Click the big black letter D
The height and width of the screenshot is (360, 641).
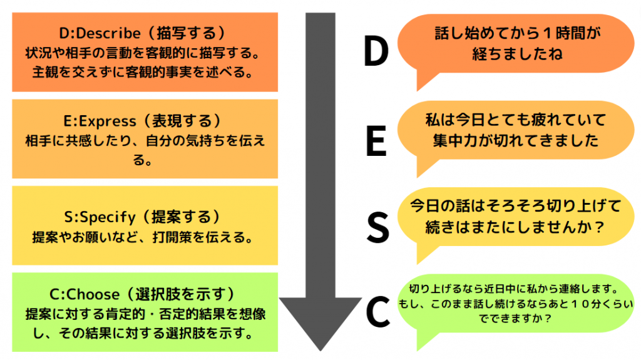(376, 53)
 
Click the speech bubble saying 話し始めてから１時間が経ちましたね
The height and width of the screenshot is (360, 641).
(517, 44)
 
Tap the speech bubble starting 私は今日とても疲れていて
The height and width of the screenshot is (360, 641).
(516, 130)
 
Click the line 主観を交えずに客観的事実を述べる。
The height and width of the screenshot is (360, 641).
(143, 72)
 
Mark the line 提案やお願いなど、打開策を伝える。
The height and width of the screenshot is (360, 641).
(143, 237)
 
